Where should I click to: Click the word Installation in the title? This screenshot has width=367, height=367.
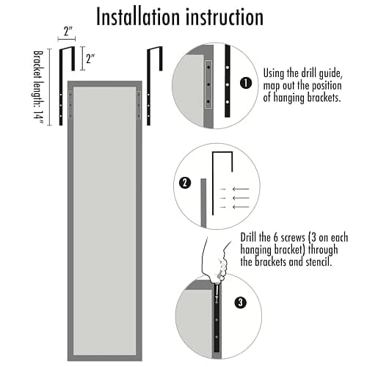click(x=138, y=17)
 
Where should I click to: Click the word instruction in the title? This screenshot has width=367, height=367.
click(x=225, y=17)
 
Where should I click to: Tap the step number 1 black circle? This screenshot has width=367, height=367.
click(x=246, y=83)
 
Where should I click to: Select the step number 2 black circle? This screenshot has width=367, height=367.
click(x=185, y=183)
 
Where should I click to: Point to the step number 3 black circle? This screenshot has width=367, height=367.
click(x=240, y=302)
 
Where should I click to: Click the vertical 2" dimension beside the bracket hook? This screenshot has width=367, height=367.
click(x=90, y=59)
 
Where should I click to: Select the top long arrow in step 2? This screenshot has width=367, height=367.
click(x=241, y=189)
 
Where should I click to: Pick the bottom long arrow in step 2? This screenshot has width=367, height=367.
click(x=241, y=207)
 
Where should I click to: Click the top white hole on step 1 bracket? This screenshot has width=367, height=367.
click(x=228, y=67)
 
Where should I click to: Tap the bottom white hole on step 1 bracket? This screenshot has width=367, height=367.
click(x=228, y=102)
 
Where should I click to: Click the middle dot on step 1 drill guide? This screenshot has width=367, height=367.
click(x=208, y=84)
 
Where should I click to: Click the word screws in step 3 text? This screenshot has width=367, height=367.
click(x=293, y=238)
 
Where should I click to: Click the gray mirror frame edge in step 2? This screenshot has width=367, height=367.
click(x=203, y=203)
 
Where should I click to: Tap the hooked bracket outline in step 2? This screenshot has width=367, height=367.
click(x=213, y=183)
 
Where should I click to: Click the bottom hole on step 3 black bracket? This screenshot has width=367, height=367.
click(x=217, y=338)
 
